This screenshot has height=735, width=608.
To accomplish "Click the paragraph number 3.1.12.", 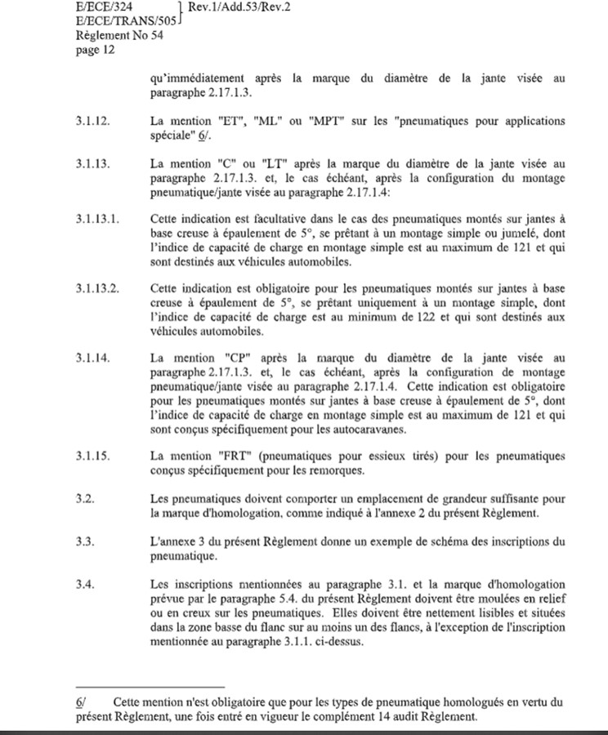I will point(92,120).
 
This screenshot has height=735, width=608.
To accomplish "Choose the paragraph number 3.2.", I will point(84,497).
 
